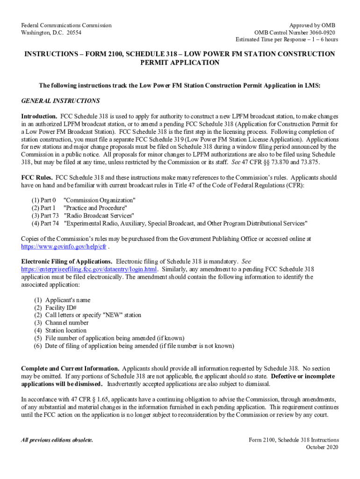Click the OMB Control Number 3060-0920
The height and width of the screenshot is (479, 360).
click(x=294, y=33)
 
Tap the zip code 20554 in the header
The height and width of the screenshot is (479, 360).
click(x=74, y=33)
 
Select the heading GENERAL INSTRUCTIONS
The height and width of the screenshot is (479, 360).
click(x=61, y=101)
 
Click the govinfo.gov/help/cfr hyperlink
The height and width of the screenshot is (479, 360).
click(x=65, y=246)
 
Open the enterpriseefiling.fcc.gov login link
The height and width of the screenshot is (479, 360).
click(x=89, y=269)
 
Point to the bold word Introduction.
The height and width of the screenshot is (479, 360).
click(x=39, y=116)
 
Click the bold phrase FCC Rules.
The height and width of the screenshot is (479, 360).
click(x=37, y=178)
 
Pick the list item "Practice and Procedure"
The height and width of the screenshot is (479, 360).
click(x=95, y=208)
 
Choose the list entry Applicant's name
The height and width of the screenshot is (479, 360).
click(x=68, y=300)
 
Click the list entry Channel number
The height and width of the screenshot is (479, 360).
click(x=67, y=323)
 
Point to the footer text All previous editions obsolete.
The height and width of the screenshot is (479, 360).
click(x=57, y=440)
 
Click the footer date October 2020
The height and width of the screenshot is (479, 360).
click(x=322, y=448)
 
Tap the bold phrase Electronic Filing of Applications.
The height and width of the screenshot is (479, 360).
click(x=67, y=261)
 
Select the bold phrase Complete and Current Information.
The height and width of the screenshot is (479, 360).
click(x=70, y=369)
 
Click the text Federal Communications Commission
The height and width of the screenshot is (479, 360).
click(x=67, y=25)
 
